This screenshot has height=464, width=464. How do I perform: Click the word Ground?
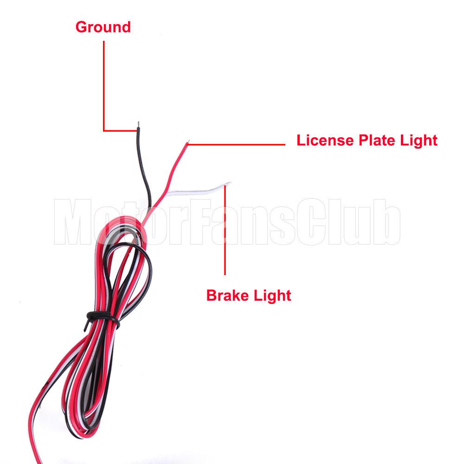103,27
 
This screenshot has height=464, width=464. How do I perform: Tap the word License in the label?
325,140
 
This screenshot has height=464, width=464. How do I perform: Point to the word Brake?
227,295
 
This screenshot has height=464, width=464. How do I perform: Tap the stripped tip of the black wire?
138,124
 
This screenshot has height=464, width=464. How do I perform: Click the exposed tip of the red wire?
188,141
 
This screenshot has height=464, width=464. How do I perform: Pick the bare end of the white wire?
228,184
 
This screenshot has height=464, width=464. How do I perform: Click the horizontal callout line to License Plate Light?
236,144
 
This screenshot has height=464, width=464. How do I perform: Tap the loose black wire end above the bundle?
144,166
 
